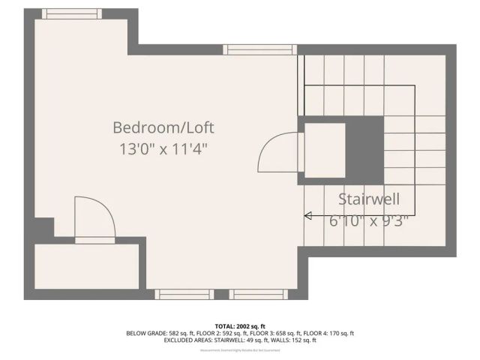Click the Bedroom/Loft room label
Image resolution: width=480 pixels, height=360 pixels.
click(x=168, y=127)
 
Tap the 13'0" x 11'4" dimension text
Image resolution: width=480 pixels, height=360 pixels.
click(x=163, y=148)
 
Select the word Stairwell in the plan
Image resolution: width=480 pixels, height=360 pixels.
click(x=367, y=199)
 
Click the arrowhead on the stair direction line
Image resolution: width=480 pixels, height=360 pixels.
click(x=307, y=216)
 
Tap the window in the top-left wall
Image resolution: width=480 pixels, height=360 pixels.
click(x=66, y=13)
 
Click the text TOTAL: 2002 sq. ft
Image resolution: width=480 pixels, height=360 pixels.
click(x=240, y=326)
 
